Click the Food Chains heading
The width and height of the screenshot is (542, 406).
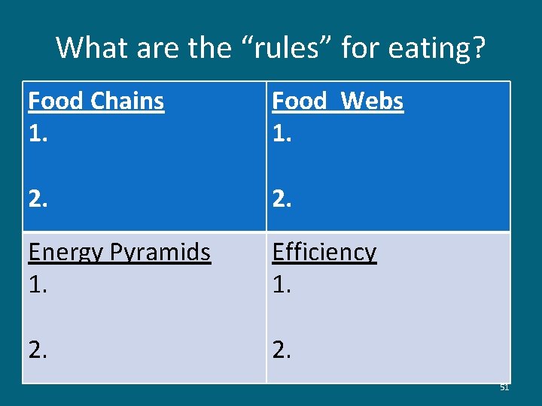(x=96, y=101)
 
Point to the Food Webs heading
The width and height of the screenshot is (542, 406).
(x=337, y=101)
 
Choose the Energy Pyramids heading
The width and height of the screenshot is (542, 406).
(x=119, y=253)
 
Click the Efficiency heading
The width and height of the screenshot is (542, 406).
(x=324, y=253)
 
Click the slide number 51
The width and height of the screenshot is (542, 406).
(x=504, y=387)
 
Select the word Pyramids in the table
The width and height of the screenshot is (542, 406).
(x=163, y=253)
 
